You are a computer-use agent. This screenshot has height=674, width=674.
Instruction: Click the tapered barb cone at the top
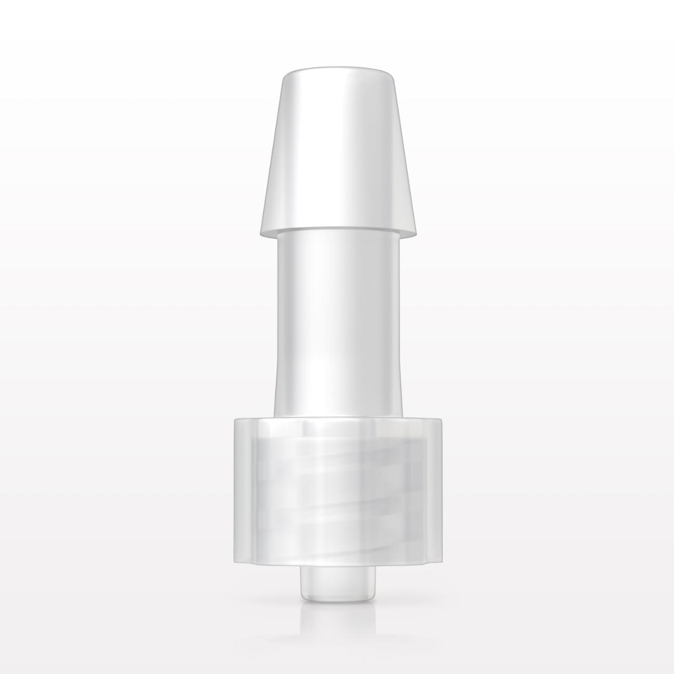[x=337, y=158]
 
